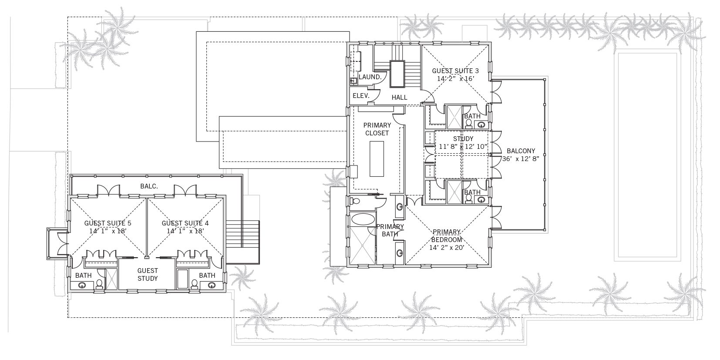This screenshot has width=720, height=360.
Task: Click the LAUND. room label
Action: click(x=370, y=77)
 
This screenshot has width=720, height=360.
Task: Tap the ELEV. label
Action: click(x=361, y=96)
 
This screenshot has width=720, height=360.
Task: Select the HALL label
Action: click(x=399, y=98)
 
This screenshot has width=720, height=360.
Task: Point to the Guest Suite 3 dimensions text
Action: click(x=456, y=79)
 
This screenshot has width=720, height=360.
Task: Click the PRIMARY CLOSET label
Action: click(x=377, y=129)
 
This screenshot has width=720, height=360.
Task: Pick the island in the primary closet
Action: click(x=377, y=158)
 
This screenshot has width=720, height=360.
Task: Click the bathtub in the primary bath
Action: click(x=363, y=219)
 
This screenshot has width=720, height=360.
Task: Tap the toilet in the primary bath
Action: click(x=355, y=201)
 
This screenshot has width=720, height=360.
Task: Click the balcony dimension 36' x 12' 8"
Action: click(x=521, y=159)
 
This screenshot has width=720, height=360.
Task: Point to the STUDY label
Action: click(x=463, y=139)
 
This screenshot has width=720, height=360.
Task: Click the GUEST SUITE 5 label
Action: click(x=108, y=223)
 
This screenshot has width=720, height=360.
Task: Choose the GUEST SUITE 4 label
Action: click(x=185, y=223)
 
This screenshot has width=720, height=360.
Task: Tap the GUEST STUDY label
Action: click(x=148, y=275)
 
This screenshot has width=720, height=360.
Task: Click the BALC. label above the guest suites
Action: click(x=149, y=186)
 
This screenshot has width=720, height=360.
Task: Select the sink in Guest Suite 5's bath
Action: click(x=82, y=285)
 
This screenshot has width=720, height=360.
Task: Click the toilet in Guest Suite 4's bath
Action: click(x=194, y=284)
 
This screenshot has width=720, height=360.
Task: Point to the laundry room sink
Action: click(x=353, y=81)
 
